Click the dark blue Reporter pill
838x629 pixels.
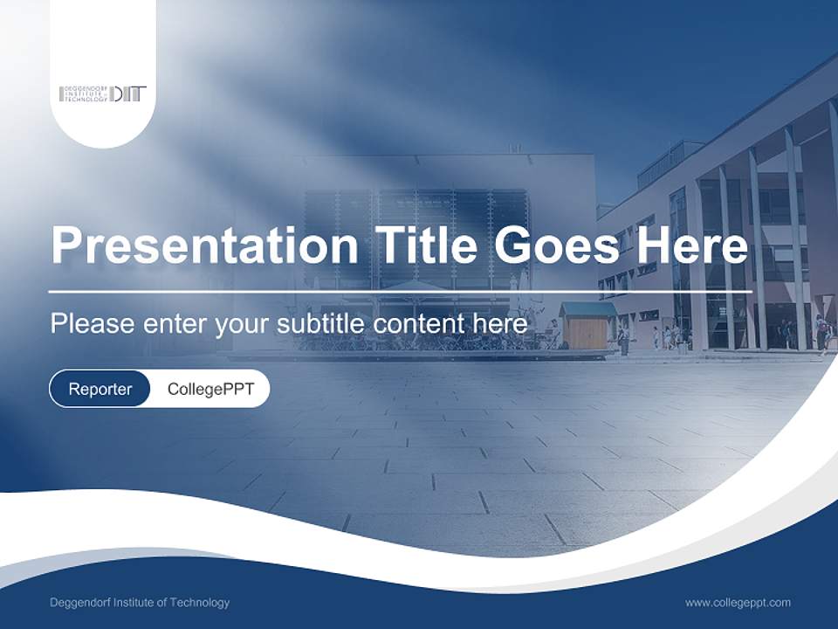pyautogui.click(x=100, y=389)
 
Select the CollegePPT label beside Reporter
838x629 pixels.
pyautogui.click(x=210, y=389)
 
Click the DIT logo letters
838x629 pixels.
pyautogui.click(x=128, y=94)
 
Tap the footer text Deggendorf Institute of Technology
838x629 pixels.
pyautogui.click(x=140, y=603)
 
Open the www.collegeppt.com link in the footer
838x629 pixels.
pyautogui.click(x=738, y=603)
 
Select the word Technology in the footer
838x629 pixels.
pyautogui.click(x=199, y=603)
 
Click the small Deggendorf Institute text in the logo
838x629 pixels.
pyautogui.click(x=84, y=94)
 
